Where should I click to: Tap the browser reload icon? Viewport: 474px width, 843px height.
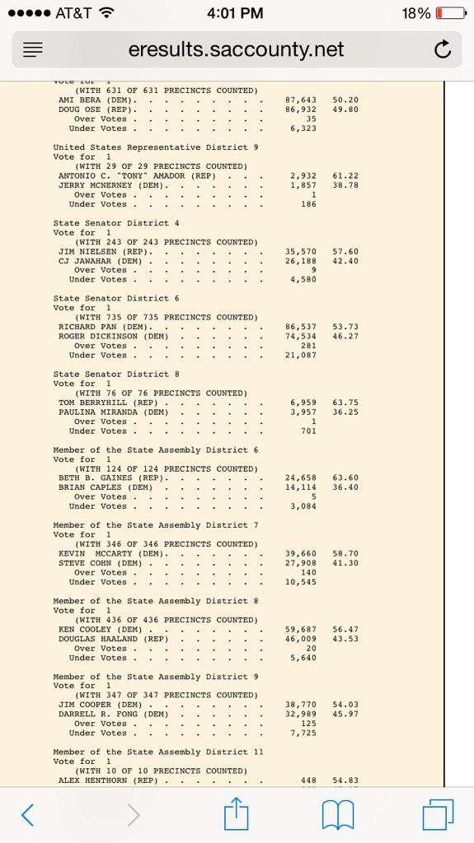tap(443, 50)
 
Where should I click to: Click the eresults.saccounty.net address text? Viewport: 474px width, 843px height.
tap(236, 50)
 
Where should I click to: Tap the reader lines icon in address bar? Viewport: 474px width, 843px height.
tap(31, 50)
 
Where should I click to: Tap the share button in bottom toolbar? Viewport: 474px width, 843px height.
tap(237, 813)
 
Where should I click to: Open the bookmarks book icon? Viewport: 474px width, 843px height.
tap(339, 813)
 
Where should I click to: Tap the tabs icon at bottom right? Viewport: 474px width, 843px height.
tap(438, 813)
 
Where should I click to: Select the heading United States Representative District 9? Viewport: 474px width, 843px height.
tap(156, 147)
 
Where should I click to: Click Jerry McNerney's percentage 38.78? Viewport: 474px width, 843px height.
tap(345, 185)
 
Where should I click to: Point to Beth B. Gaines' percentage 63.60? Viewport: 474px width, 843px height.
tap(345, 478)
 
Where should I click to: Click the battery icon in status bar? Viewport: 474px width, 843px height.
tap(448, 13)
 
